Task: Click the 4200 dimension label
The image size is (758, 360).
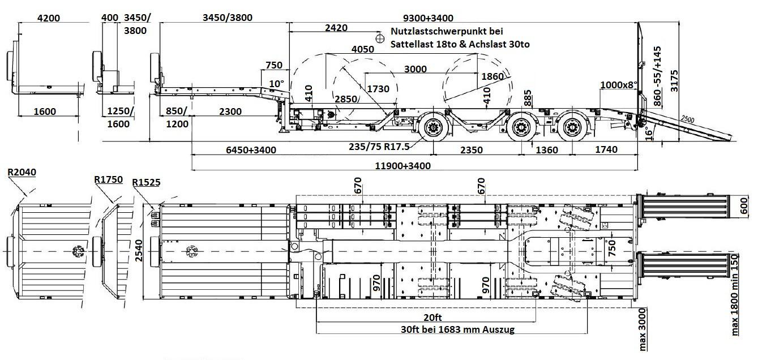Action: coord(48,18)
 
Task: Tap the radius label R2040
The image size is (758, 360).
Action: coord(22,172)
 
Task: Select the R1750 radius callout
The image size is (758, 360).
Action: coord(108,179)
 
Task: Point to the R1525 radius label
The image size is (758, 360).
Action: coord(146,182)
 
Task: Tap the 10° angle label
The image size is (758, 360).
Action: coord(276,84)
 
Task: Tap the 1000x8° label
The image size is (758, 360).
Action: coord(619,84)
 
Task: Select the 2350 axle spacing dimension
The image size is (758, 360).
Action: coord(470,150)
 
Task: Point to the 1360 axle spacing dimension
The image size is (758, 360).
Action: coord(546,150)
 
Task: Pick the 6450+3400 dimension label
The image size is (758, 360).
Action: coord(251,150)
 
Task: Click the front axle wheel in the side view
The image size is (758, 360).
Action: coord(434,129)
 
